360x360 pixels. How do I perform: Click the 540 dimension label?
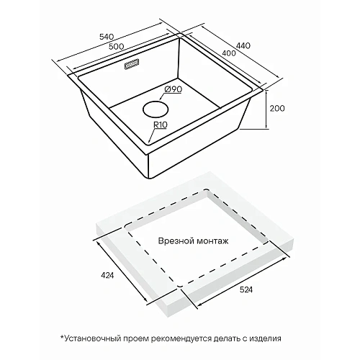106,37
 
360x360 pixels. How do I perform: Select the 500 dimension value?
116,46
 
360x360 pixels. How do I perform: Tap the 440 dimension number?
243,45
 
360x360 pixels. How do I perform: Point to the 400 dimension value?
229,53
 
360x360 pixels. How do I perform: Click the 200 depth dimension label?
277,109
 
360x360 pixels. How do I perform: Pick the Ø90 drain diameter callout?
174,89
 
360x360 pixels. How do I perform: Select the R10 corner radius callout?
161,125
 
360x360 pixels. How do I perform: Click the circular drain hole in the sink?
156,109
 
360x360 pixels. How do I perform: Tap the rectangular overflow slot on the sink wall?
132,65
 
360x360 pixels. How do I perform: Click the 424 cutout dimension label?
107,276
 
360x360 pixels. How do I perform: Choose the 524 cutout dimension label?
246,289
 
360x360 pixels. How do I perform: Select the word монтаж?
212,241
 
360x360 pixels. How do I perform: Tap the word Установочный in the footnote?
93,338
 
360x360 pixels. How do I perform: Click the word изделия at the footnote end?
265,339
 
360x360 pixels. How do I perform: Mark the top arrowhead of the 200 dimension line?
266,92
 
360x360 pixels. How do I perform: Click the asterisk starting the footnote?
63,337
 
